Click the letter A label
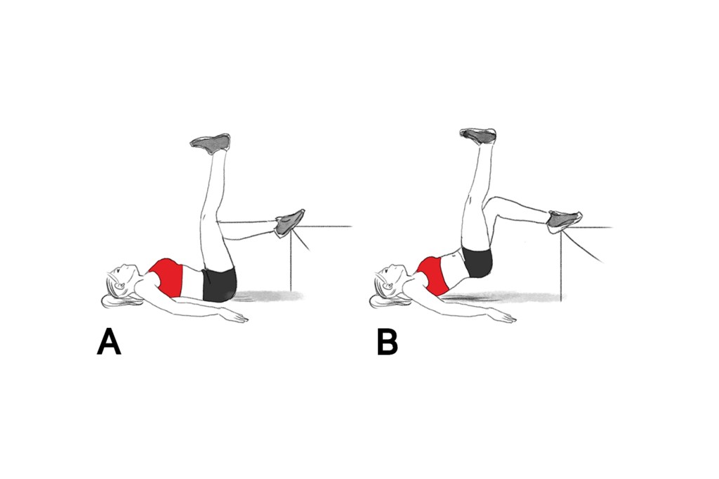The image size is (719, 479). click(109, 343)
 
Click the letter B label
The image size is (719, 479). click(387, 343)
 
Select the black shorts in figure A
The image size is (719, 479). click(219, 284)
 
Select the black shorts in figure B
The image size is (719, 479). click(477, 261)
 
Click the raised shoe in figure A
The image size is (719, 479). click(211, 143)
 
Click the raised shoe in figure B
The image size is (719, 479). click(478, 136)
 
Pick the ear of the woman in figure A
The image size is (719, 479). click(121, 288)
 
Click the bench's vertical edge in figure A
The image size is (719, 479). click(291, 258)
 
